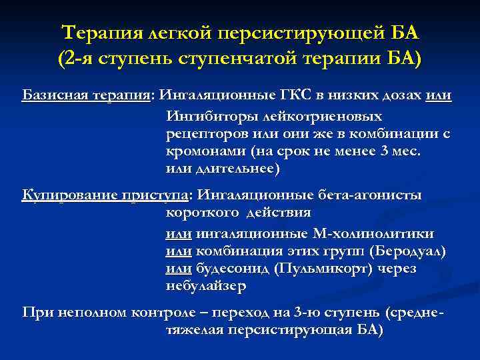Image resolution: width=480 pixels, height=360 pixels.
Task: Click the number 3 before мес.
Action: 381,151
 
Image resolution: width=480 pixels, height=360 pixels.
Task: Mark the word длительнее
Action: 235,169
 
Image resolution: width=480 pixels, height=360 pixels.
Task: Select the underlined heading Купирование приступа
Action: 106,195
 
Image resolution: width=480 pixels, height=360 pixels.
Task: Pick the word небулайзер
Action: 205,287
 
